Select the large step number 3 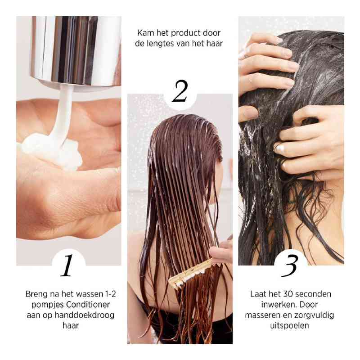pyautogui.click(x=290, y=265)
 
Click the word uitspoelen pyautogui.click(x=290, y=325)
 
